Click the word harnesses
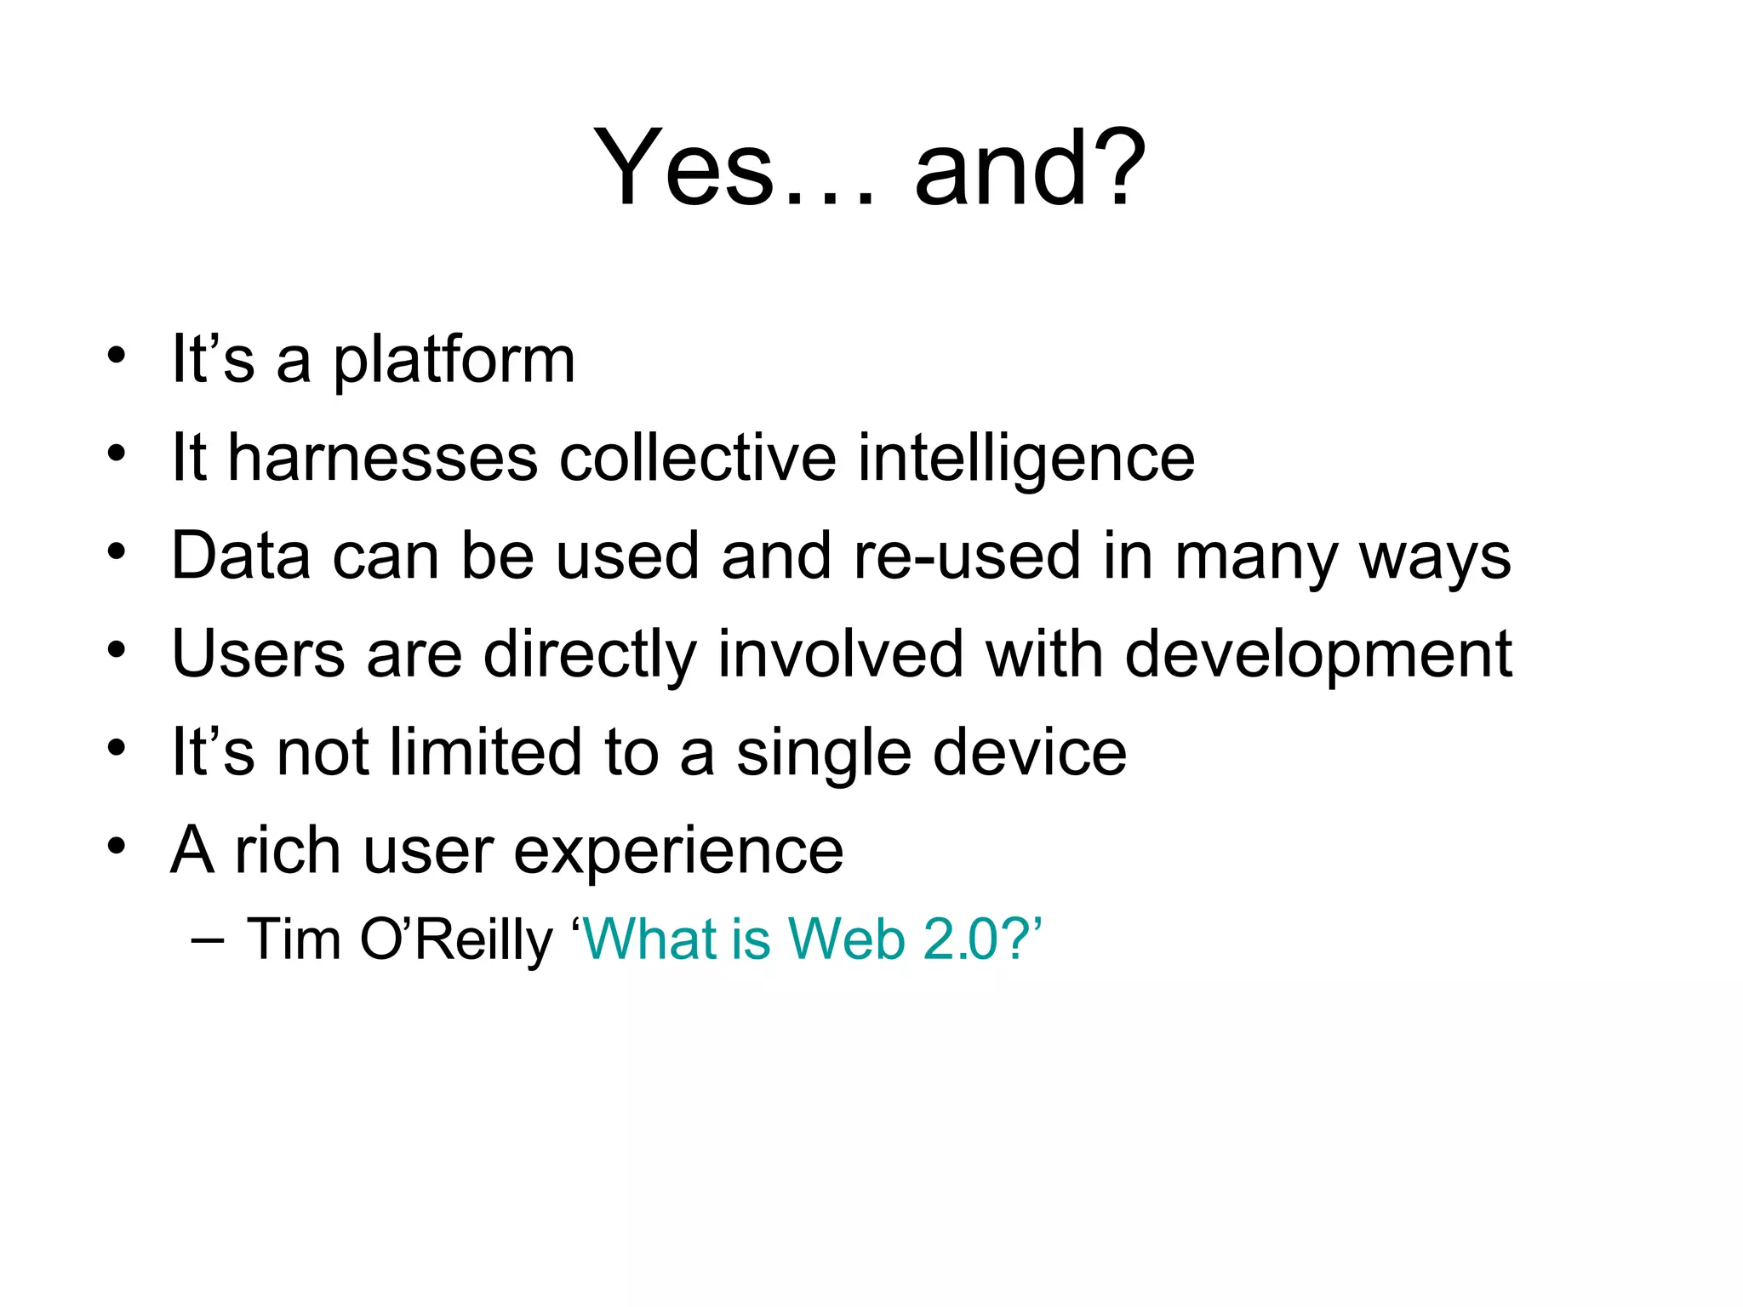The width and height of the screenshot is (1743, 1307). tap(383, 458)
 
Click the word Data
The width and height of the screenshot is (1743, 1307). tap(241, 556)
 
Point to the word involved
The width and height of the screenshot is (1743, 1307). tap(840, 653)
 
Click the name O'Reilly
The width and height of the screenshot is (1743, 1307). tap(456, 940)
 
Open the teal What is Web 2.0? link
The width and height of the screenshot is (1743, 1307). tap(809, 939)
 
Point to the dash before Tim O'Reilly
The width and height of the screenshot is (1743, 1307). tap(209, 940)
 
